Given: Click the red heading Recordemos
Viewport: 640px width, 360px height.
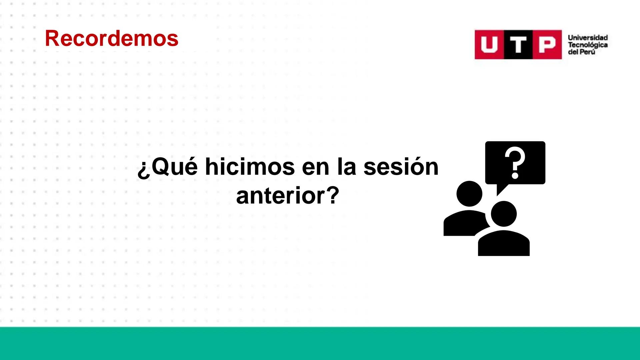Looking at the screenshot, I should coord(111,38).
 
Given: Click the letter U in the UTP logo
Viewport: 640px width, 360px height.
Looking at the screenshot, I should coord(489,45).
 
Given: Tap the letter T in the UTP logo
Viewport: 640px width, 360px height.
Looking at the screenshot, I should coord(518,45).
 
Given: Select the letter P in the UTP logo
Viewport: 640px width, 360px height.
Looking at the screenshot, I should coord(547,45).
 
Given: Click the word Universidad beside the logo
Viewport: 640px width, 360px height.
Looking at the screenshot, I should coord(588,38).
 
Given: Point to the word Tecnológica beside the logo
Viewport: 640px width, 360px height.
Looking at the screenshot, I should coord(588,45).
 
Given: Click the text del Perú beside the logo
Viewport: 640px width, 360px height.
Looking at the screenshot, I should coord(581,52).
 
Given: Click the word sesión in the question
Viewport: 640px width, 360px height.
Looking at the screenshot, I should coord(401,166).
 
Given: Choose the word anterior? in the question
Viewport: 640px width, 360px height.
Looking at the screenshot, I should coord(287,196).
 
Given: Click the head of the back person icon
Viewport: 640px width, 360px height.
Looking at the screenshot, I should coord(469,194).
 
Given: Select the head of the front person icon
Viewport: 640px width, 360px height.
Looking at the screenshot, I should coord(504,214).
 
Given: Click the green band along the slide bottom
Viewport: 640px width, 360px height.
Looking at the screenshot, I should coord(320,343).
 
